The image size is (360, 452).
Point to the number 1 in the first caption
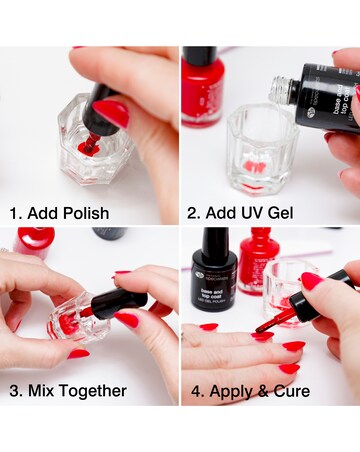tap(13, 213)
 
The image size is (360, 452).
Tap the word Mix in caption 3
tap(47, 390)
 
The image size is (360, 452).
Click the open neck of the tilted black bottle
tap(276, 91)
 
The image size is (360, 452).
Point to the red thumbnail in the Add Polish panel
tap(111, 113)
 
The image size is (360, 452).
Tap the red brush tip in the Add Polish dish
tap(88, 147)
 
